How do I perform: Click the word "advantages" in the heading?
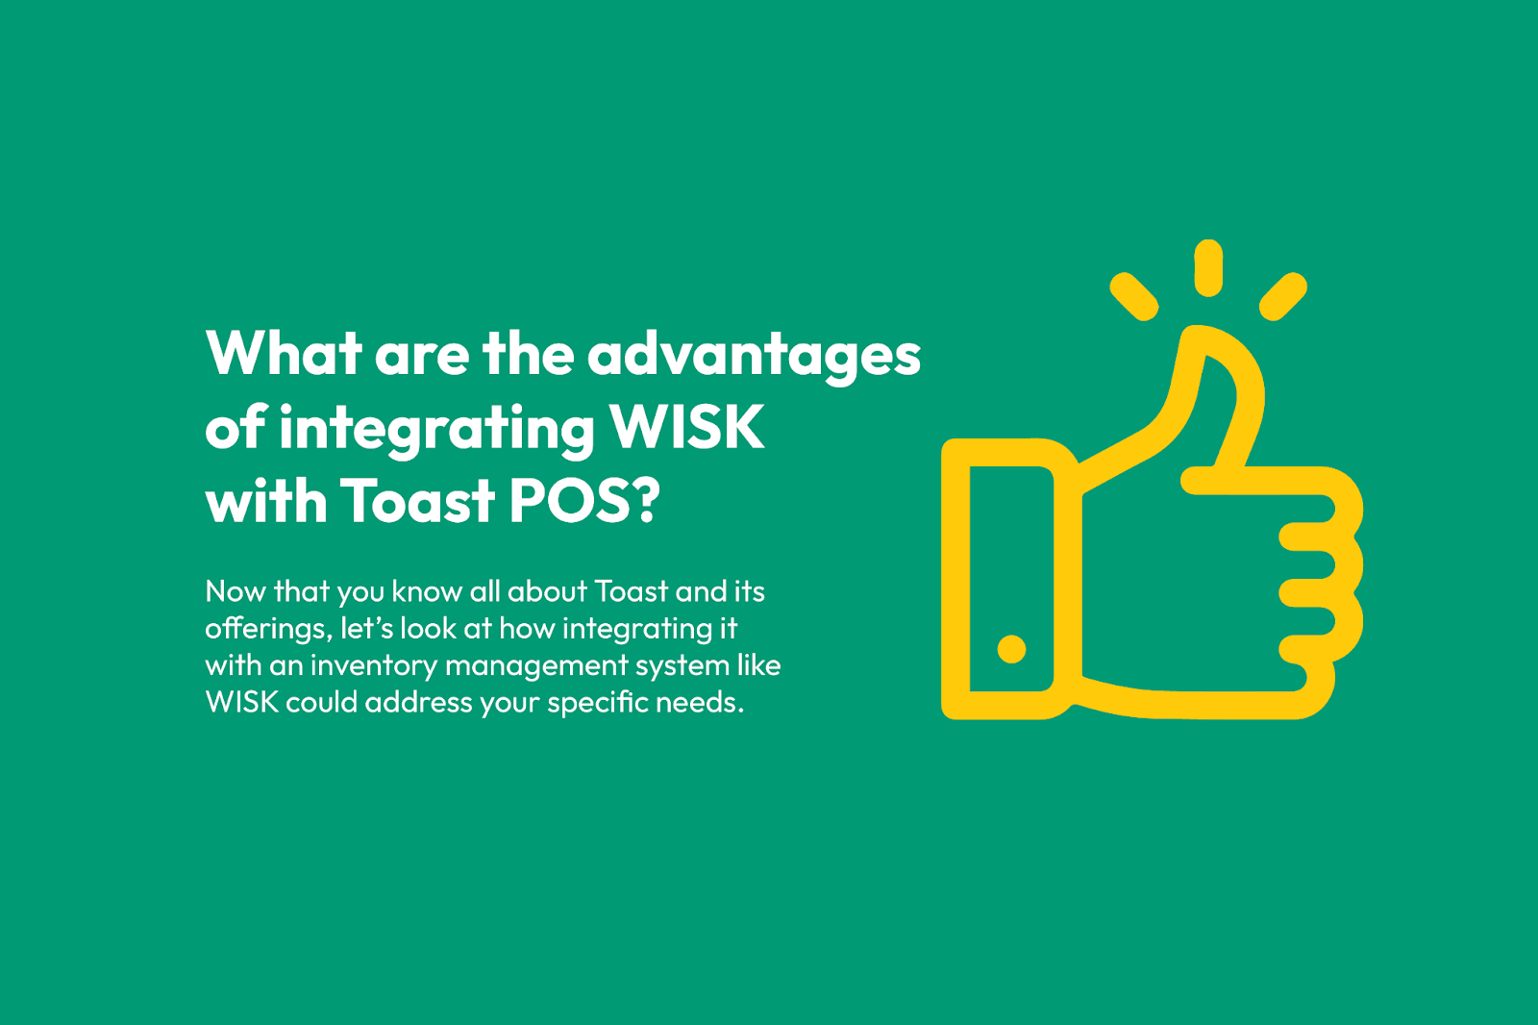click(x=754, y=355)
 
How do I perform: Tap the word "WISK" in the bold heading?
click(x=687, y=427)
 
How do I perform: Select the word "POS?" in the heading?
click(x=584, y=500)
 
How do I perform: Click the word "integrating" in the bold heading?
click(x=436, y=431)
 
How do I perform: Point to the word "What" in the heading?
click(x=284, y=353)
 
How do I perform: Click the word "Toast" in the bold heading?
click(x=417, y=500)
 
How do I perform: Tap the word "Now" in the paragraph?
click(x=235, y=591)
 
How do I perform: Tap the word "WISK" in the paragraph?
click(x=241, y=703)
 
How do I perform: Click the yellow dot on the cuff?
click(x=1011, y=649)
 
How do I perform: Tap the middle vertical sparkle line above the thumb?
click(x=1208, y=268)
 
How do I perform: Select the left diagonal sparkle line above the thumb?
click(x=1134, y=296)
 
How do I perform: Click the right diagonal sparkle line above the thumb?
click(x=1282, y=296)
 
